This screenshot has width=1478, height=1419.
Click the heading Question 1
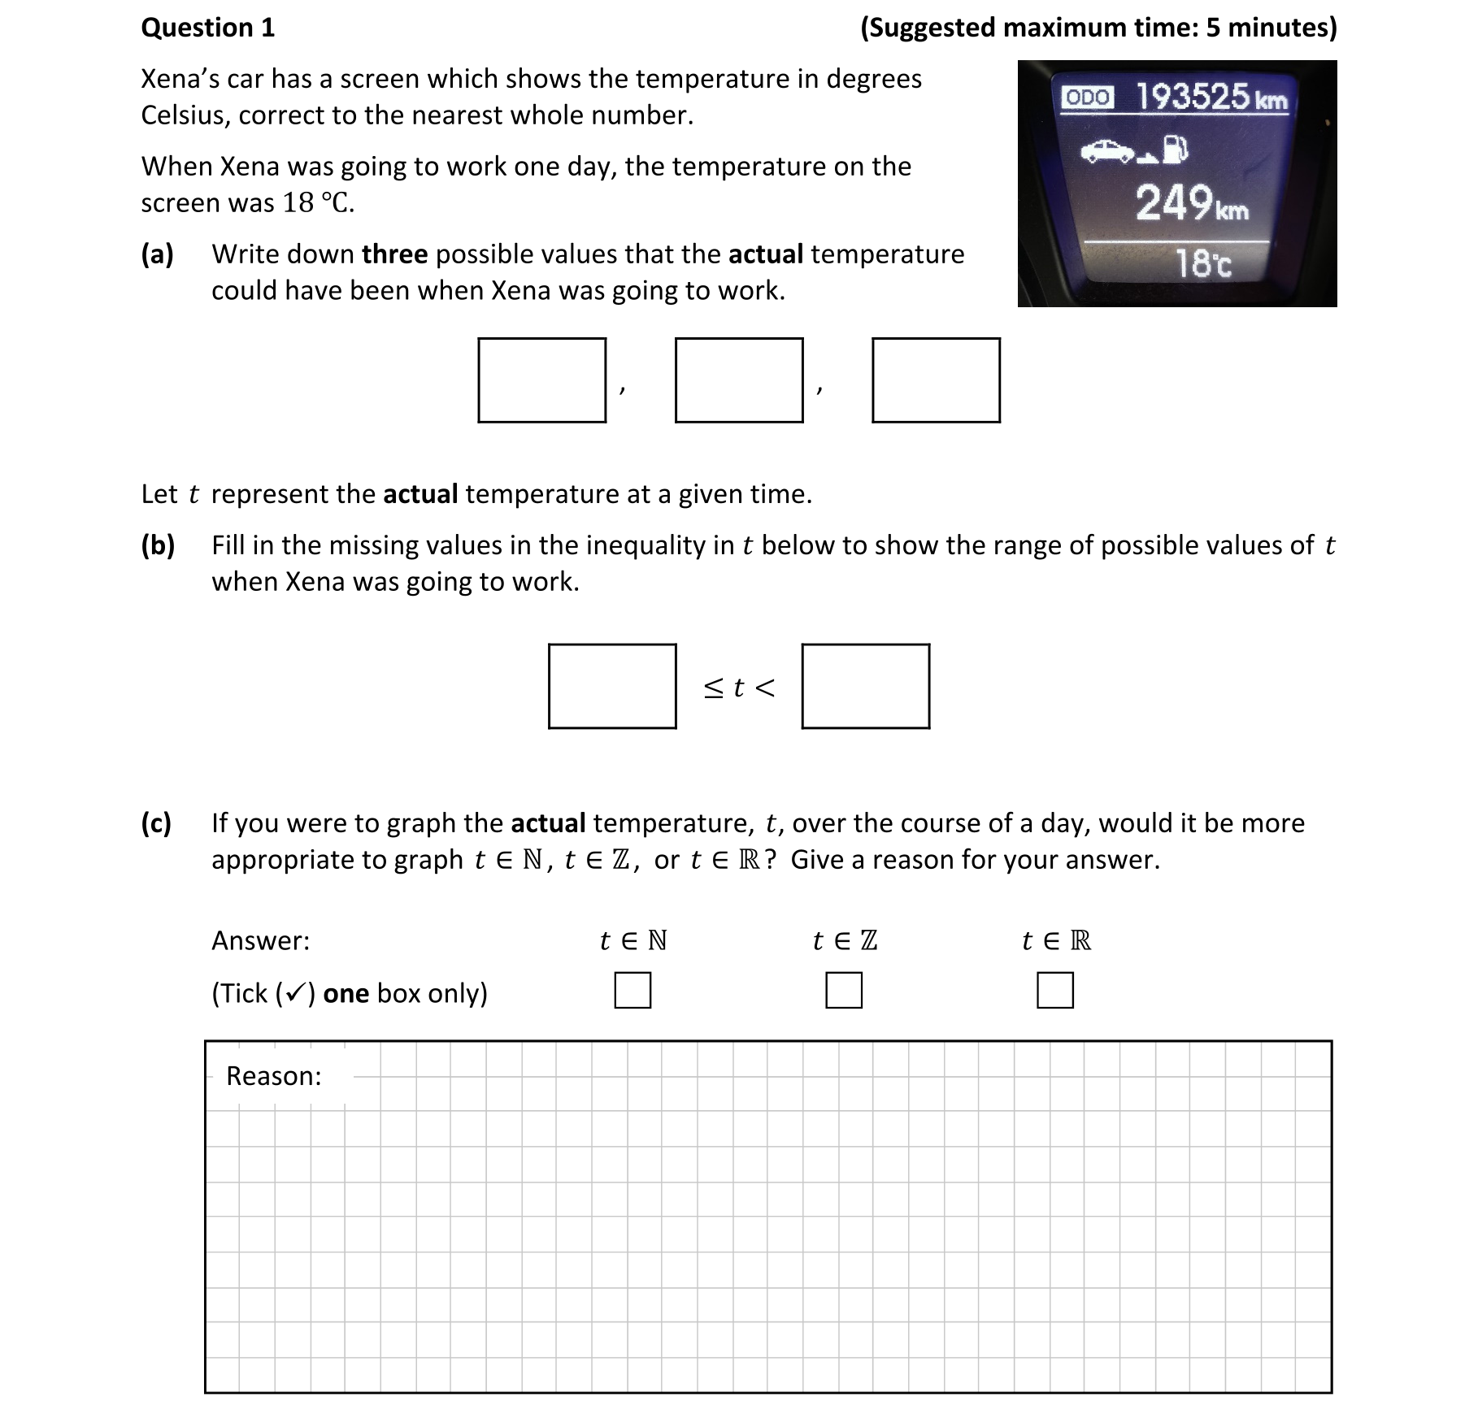point(207,28)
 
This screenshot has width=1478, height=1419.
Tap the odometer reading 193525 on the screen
point(1192,97)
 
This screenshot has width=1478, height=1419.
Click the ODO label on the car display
point(1088,98)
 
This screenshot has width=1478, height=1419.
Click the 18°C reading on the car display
point(1203,263)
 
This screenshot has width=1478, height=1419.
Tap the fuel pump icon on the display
point(1176,149)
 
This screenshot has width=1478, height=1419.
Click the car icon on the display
point(1108,150)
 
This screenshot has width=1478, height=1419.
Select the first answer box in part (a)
point(541,380)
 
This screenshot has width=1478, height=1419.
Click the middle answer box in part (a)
point(738,380)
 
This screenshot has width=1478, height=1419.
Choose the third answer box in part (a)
point(936,380)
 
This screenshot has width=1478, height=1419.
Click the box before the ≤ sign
point(611,686)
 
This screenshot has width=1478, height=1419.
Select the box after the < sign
point(865,686)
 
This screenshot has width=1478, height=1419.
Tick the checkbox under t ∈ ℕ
point(632,991)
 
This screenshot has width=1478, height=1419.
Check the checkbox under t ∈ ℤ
point(843,991)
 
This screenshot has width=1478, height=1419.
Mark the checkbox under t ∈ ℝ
point(1054,991)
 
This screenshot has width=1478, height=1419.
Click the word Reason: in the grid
point(273,1076)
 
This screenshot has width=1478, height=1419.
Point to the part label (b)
point(158,545)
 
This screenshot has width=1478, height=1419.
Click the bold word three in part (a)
point(394,254)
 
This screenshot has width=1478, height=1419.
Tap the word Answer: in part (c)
point(260,940)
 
